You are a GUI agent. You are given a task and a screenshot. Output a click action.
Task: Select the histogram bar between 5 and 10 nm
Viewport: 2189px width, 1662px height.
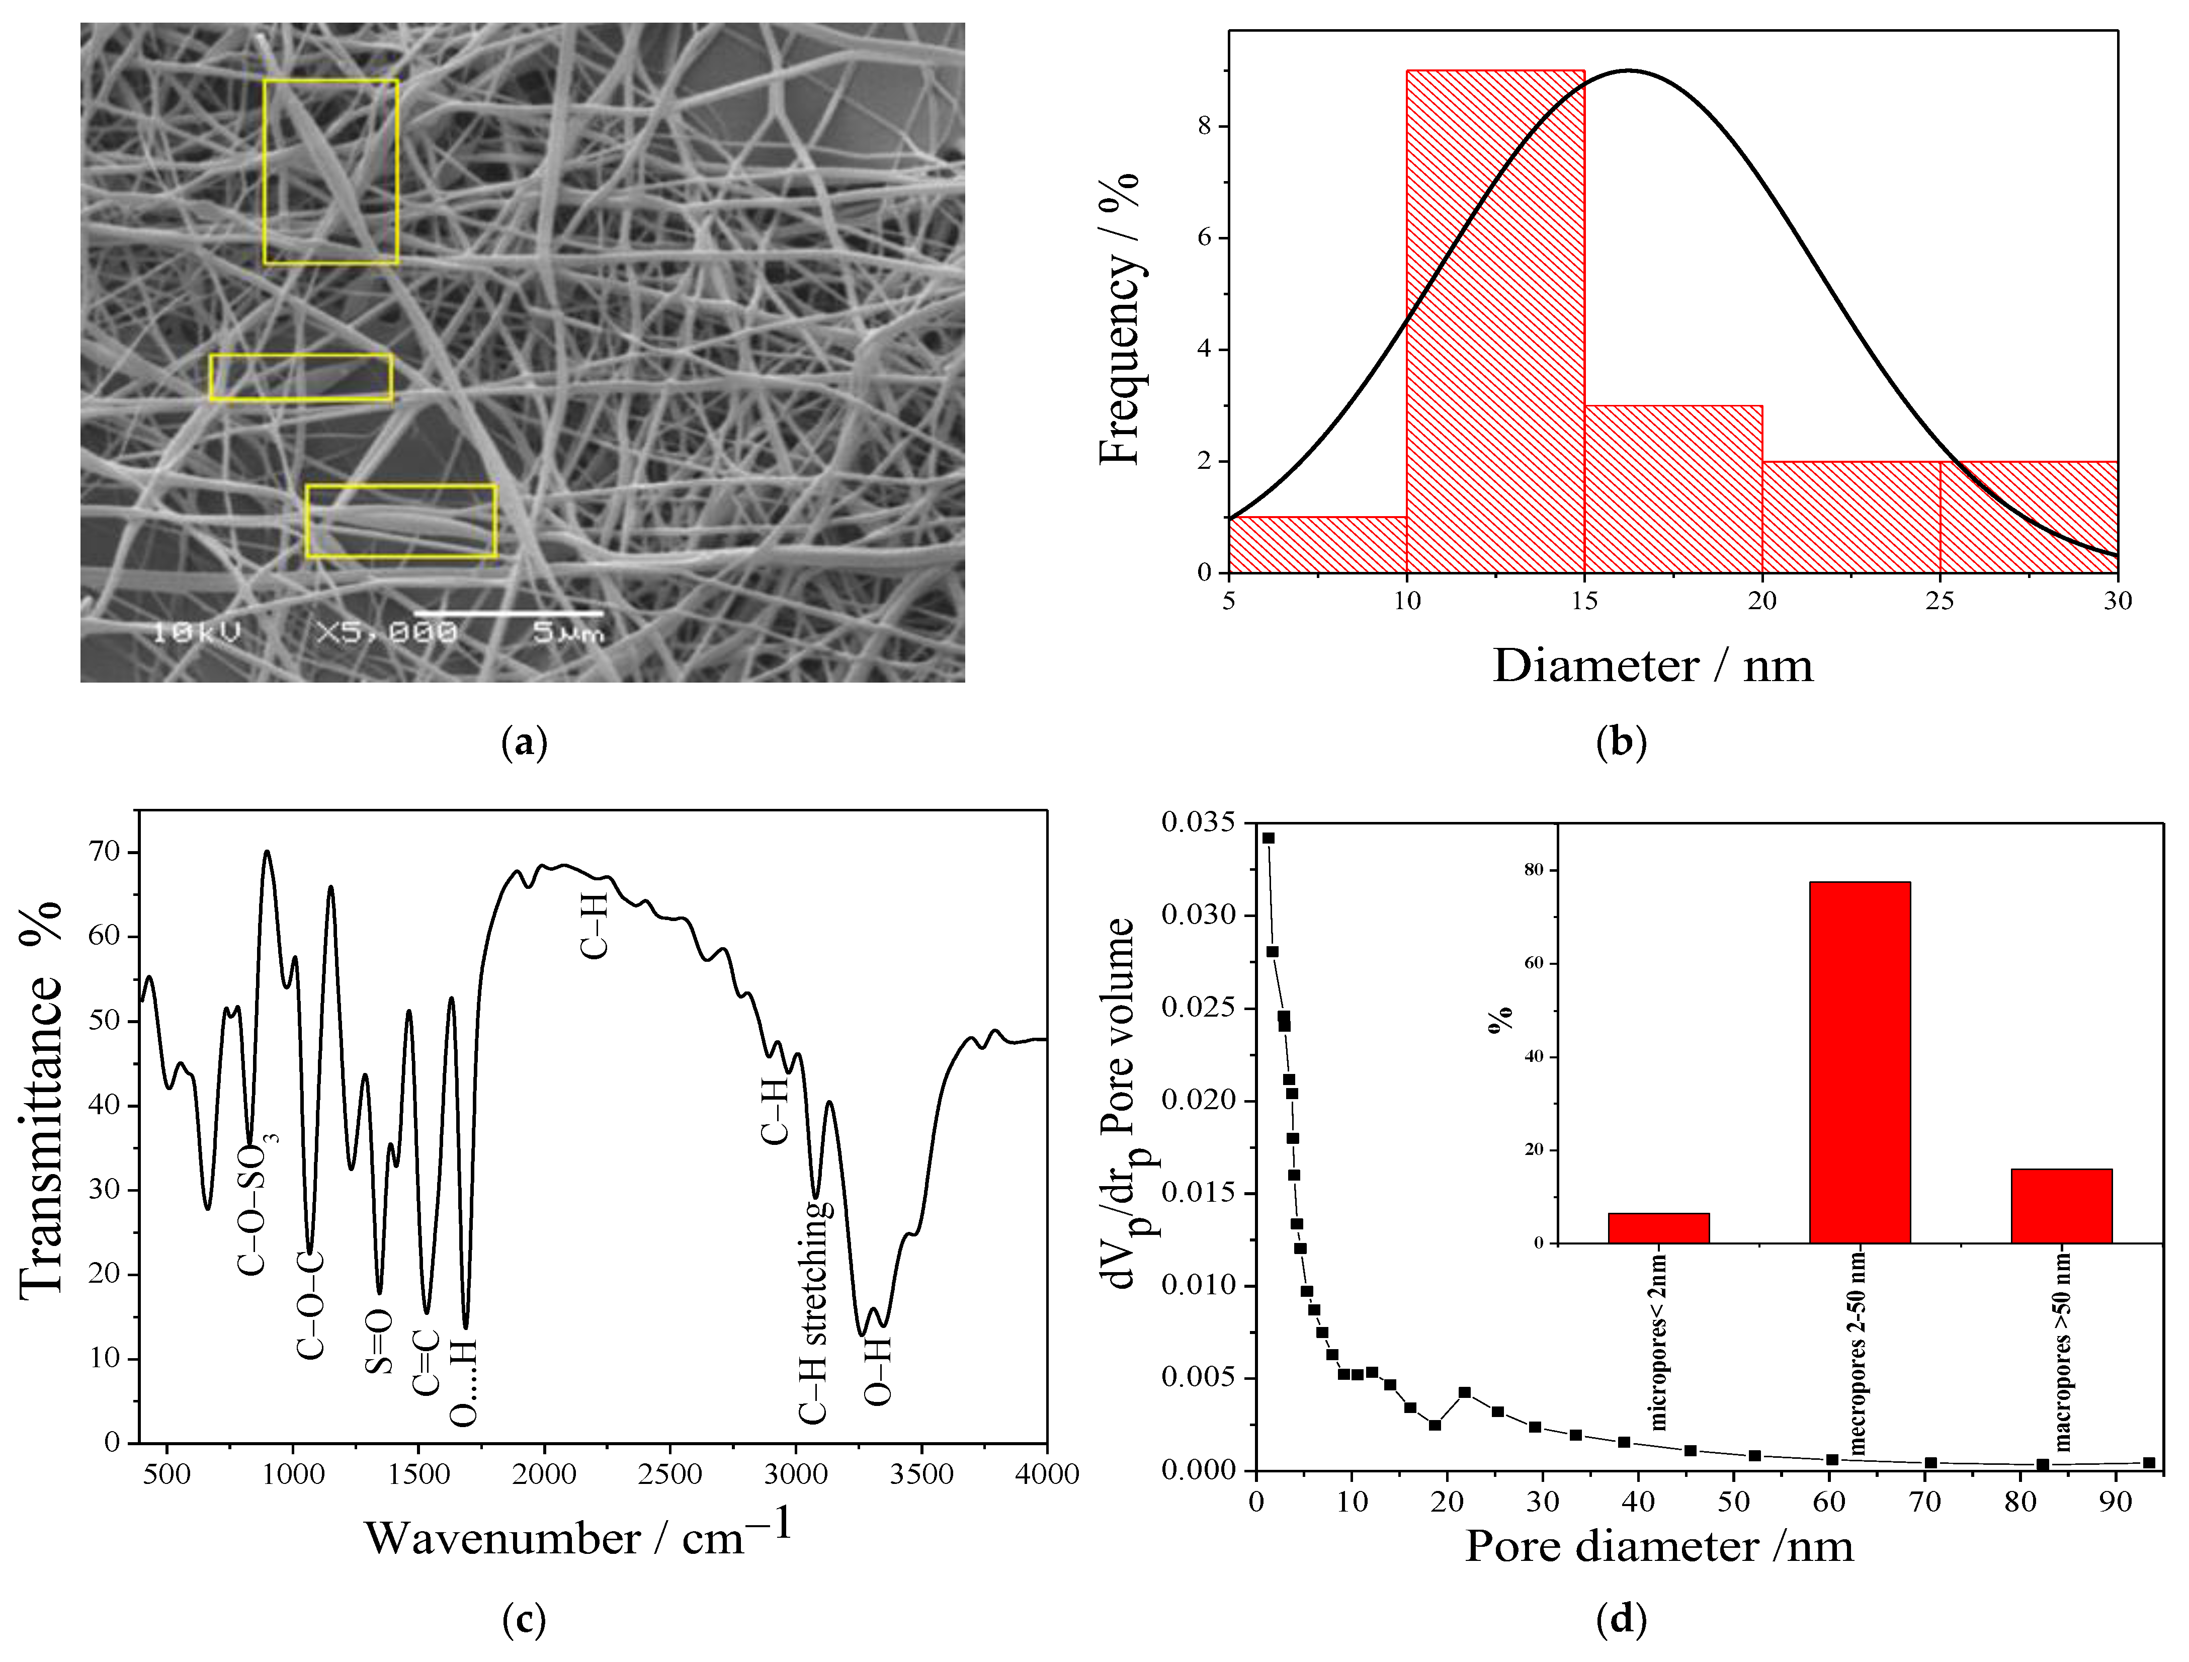point(1317,544)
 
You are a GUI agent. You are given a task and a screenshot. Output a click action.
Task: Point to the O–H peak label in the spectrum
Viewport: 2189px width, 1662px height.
point(877,1371)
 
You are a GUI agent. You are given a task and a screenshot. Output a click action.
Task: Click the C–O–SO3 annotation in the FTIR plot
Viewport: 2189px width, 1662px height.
point(256,1208)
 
